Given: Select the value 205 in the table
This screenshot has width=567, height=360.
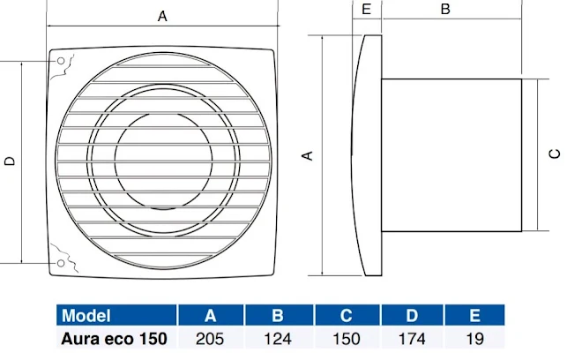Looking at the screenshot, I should pos(212,337).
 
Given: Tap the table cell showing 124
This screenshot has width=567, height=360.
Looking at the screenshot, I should pos(279,337).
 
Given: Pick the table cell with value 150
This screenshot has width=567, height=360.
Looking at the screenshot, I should pos(347,337).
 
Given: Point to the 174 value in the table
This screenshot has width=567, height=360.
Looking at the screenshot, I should pos(413,337).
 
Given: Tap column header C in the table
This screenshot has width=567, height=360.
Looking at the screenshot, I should pos(347,316).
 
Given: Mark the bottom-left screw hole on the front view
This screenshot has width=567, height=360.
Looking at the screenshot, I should pos(60,263).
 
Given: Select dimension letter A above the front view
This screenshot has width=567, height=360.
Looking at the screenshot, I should pos(161,15).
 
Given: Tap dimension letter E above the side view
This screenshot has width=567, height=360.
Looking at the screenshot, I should pos(366,10).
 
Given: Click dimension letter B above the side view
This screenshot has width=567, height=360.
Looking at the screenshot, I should pos(445,10).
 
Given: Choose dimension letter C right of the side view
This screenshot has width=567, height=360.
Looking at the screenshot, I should pos(554,153).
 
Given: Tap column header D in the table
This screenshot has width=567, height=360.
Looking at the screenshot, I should pos(413,316).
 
